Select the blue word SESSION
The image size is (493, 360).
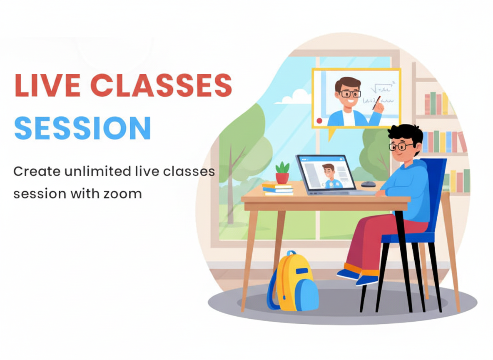[82, 127]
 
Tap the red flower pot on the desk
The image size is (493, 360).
[282, 177]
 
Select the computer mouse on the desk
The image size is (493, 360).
[368, 184]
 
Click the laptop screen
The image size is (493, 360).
[326, 172]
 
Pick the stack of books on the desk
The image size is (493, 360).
[278, 189]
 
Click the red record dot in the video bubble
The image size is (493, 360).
[319, 120]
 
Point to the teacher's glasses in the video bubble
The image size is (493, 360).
[349, 93]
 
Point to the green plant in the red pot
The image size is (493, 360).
[282, 167]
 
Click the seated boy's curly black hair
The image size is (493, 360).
[406, 133]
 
